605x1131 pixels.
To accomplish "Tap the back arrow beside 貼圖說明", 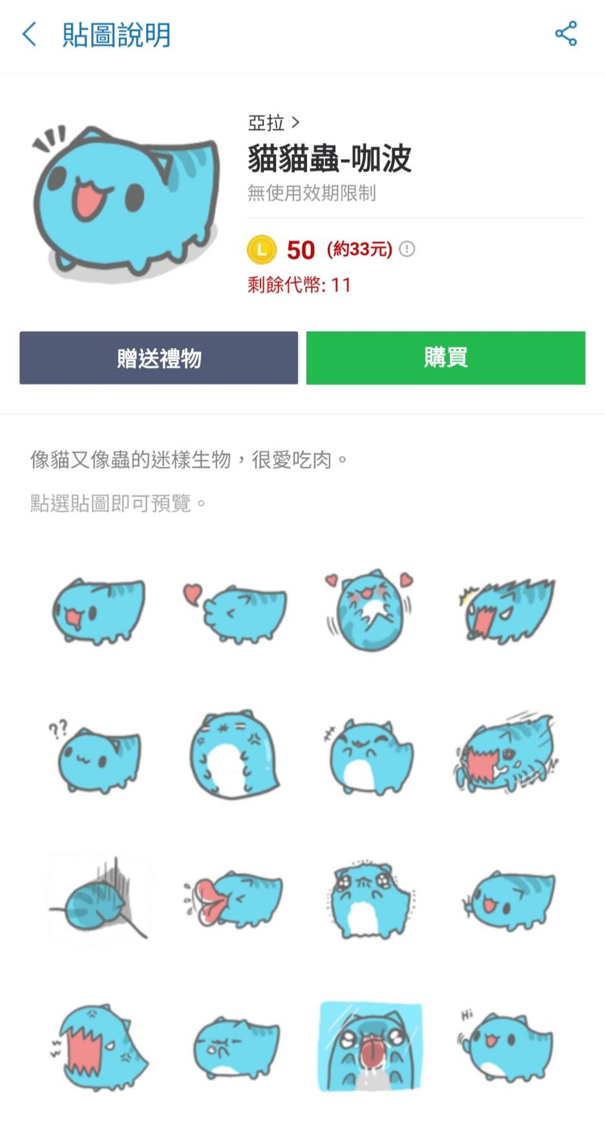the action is coord(29,34).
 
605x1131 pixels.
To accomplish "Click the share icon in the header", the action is coord(566,34).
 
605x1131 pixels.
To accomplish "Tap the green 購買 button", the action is coord(445,358).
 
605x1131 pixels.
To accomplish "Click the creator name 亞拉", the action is coord(266,122).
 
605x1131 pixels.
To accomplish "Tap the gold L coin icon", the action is coord(262,250).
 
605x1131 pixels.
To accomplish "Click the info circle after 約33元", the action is coord(407,249).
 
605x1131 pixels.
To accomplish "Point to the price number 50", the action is coord(301,250).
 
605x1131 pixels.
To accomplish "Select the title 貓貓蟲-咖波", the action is coord(330,158).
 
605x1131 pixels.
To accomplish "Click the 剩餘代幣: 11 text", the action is coord(299,285).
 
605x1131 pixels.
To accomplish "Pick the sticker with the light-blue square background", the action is coord(370,1046).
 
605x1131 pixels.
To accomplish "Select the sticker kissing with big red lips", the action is coord(233,899).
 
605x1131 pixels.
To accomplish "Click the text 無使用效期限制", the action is coord(312,193).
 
